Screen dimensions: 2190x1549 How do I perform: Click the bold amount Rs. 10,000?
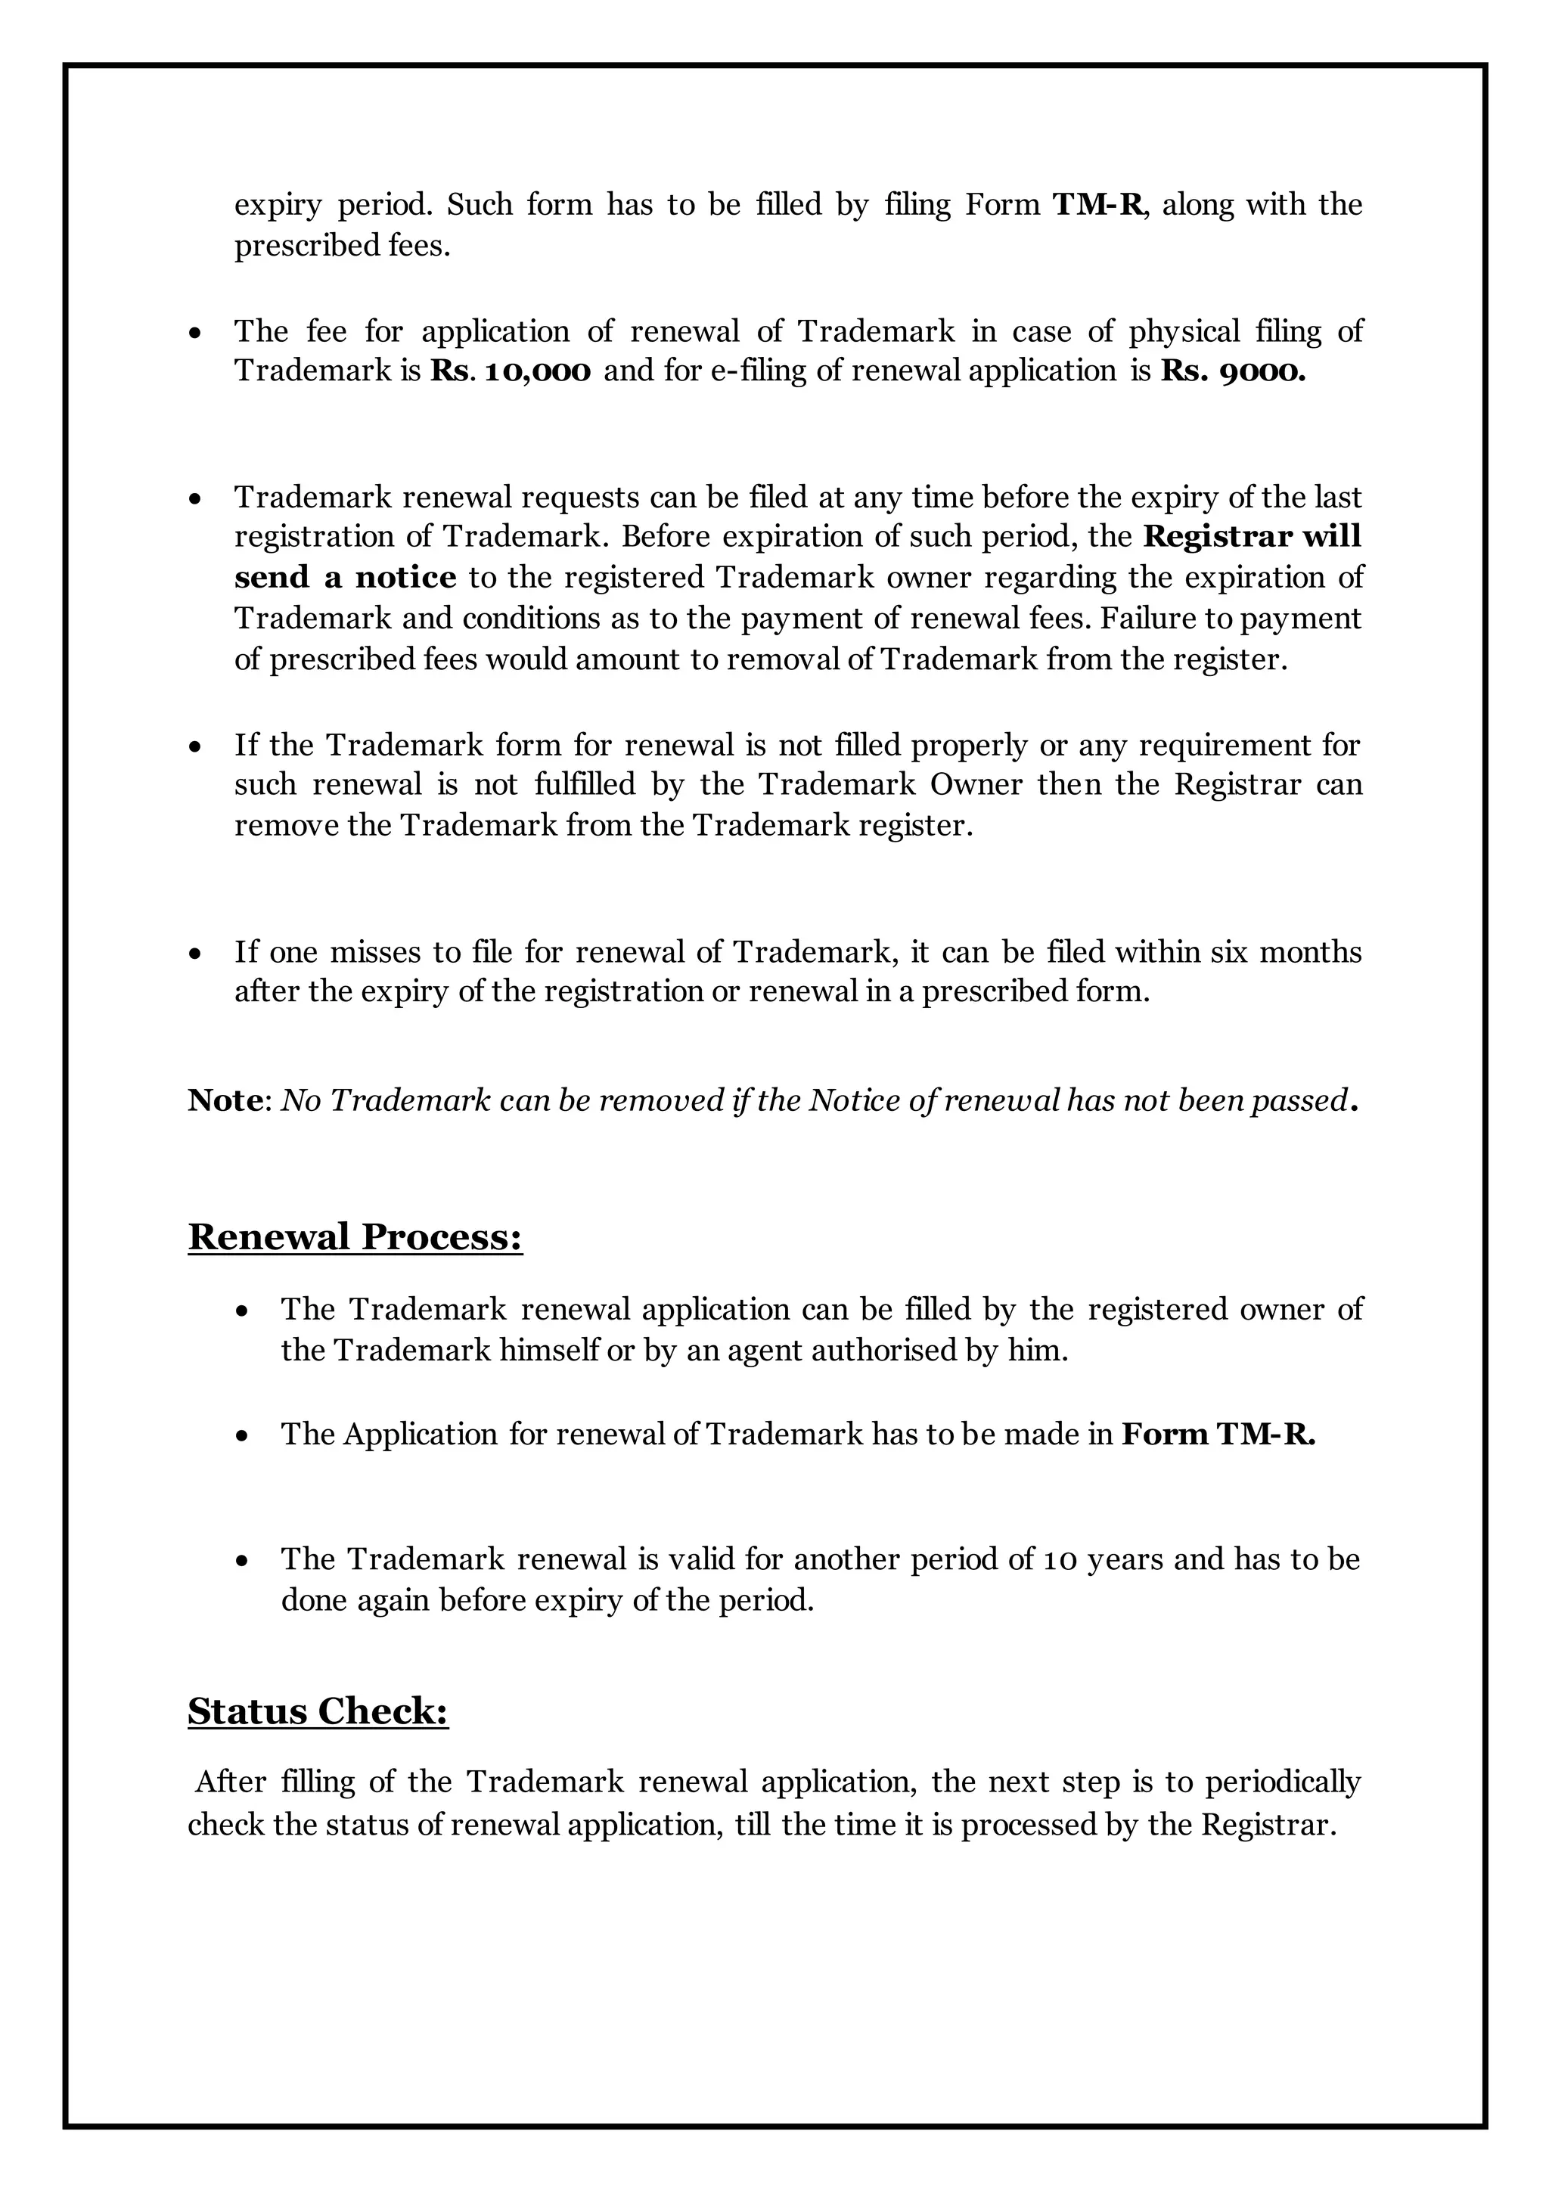click(511, 372)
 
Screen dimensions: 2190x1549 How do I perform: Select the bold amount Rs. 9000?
click(1232, 372)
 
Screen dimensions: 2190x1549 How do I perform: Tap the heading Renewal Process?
click(355, 1237)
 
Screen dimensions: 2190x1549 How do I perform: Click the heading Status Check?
click(318, 1711)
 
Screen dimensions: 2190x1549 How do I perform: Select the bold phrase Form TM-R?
click(1217, 1435)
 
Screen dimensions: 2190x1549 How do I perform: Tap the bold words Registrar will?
click(1252, 537)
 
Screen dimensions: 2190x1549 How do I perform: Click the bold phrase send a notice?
click(346, 578)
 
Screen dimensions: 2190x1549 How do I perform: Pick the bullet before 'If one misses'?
click(196, 954)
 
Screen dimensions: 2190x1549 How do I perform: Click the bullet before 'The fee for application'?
click(196, 333)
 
